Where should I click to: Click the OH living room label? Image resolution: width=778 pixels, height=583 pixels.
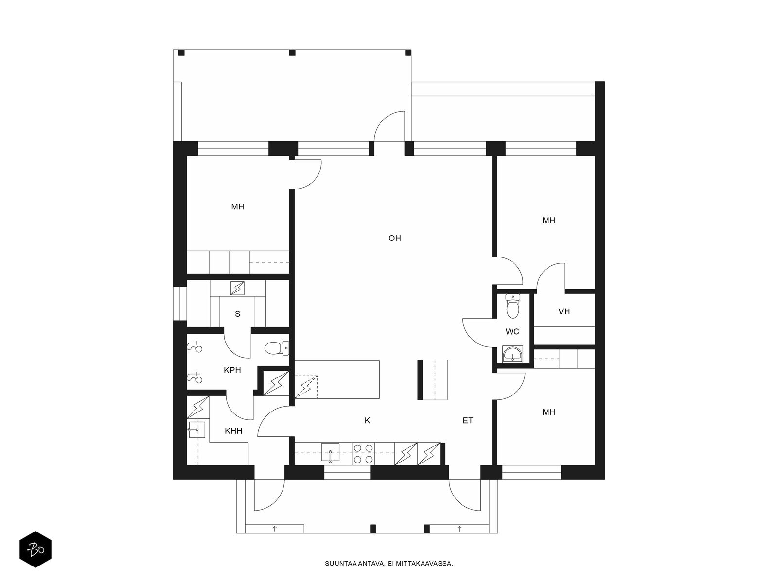[394, 238]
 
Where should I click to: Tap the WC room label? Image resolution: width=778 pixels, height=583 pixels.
[512, 332]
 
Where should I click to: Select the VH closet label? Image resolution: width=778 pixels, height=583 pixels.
[564, 311]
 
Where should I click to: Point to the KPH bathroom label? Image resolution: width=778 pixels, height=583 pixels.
[232, 370]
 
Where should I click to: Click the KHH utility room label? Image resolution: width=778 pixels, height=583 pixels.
[233, 431]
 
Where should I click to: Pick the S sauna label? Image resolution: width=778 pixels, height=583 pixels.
[237, 314]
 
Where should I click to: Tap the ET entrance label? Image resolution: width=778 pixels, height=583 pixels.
[468, 421]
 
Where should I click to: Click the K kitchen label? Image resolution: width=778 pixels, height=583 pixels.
[367, 421]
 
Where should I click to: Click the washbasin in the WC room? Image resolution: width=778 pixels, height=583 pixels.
[513, 354]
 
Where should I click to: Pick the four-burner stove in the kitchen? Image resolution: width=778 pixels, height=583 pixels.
[363, 454]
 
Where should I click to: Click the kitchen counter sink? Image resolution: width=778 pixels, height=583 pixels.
[330, 453]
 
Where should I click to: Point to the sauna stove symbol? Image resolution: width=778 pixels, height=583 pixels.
[237, 288]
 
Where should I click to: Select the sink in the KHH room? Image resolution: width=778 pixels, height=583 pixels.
[196, 429]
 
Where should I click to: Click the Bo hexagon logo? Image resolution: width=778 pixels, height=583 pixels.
[35, 549]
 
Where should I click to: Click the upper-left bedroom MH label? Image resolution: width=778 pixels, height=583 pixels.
[237, 207]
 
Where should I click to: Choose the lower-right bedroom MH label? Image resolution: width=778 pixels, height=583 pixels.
[548, 412]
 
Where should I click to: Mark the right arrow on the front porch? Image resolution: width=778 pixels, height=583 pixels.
[460, 529]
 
